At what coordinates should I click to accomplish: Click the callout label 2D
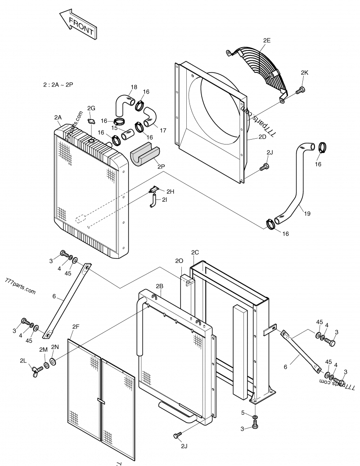[x=262, y=138]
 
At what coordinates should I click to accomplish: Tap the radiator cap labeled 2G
[x=92, y=121]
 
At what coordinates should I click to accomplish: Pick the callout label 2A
[x=58, y=118]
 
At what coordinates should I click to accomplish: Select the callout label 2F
[x=75, y=327]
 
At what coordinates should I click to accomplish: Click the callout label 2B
[x=159, y=286]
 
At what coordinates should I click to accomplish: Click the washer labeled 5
[x=255, y=419]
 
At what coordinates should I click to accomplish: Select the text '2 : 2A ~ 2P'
[x=58, y=84]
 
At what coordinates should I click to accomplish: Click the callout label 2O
[x=179, y=261]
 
